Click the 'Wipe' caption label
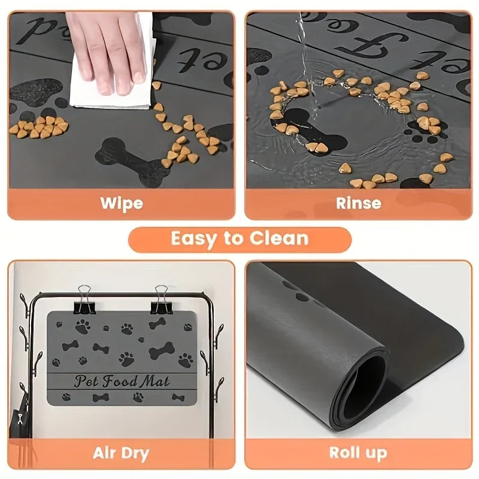122,202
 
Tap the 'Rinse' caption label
358,202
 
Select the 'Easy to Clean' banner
239,239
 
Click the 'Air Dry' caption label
121,453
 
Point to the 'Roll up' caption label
358,453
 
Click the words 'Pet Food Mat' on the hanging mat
122,381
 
